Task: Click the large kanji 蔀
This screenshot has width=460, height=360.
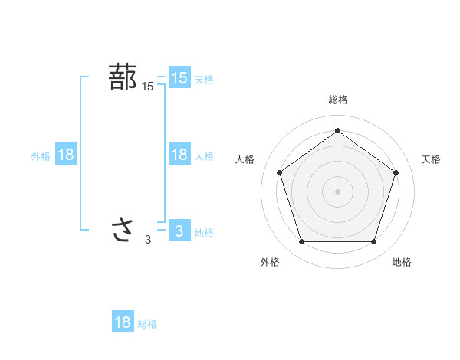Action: [x=123, y=78]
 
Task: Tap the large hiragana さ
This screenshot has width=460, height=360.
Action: [x=123, y=230]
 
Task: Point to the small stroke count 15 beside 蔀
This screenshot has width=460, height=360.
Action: [x=148, y=87]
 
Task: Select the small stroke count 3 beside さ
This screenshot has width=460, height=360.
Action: [x=148, y=240]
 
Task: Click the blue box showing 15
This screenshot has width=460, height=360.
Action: [x=179, y=78]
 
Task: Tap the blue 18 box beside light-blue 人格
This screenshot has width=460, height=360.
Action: [x=179, y=155]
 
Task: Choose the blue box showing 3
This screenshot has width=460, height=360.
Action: [x=179, y=231]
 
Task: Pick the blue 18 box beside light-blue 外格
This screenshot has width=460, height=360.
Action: [x=65, y=155]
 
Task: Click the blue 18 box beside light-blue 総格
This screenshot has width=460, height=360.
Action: [x=123, y=322]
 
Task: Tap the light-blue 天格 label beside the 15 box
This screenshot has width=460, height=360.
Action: [x=204, y=80]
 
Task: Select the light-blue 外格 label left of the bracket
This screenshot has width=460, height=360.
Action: [x=41, y=156]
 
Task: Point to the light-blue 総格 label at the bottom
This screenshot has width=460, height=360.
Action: [x=147, y=324]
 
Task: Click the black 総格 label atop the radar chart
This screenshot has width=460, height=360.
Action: [x=337, y=100]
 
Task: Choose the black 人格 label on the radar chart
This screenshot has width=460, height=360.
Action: [x=245, y=159]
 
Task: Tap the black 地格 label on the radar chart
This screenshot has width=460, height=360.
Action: [x=402, y=262]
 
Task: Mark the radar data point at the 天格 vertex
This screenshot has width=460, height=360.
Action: [x=396, y=172]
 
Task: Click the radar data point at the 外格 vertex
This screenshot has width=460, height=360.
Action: [x=301, y=242]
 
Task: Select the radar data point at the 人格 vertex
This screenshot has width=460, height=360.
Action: [x=279, y=172]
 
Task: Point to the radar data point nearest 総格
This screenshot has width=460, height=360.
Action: [x=337, y=130]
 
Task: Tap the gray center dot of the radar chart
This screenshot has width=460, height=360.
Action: [x=337, y=191]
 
